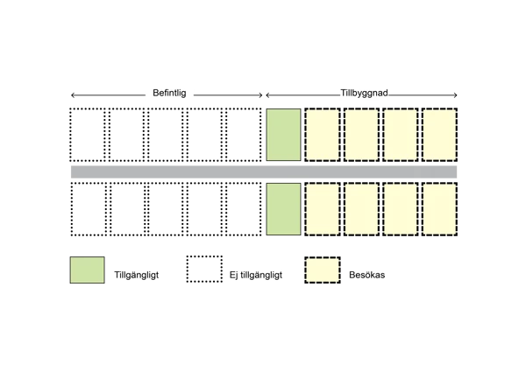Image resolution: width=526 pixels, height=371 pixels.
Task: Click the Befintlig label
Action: tap(169, 93)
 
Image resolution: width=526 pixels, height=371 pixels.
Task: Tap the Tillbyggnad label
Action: tap(364, 93)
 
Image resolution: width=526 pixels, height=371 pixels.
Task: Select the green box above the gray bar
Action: tap(283, 135)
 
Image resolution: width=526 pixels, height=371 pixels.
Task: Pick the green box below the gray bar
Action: tap(283, 209)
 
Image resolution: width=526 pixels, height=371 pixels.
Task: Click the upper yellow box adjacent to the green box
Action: tap(322, 135)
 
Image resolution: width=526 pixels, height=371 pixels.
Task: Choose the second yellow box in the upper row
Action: tap(361, 135)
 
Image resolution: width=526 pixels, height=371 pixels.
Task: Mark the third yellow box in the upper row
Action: tap(401, 135)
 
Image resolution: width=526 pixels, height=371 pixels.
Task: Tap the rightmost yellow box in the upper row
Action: tap(440, 135)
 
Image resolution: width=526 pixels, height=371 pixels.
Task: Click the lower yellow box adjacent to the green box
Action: tap(322, 209)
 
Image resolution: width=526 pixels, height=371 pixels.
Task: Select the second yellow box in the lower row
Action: tap(361, 209)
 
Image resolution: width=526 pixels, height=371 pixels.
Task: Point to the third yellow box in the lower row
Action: tap(401, 209)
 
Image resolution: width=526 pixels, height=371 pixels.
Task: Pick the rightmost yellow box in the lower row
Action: tap(440, 209)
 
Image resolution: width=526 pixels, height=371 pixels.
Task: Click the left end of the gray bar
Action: tap(75, 171)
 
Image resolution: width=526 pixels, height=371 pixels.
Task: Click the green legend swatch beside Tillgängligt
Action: tap(87, 270)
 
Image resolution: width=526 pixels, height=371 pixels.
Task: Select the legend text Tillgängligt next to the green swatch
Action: tap(137, 275)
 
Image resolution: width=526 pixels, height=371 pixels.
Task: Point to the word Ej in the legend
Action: tap(233, 275)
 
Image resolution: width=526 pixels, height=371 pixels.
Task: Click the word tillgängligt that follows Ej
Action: tap(261, 275)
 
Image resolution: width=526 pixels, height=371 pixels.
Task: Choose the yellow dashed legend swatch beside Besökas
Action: tap(322, 270)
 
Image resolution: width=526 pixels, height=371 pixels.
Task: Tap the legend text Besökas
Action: tap(367, 275)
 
